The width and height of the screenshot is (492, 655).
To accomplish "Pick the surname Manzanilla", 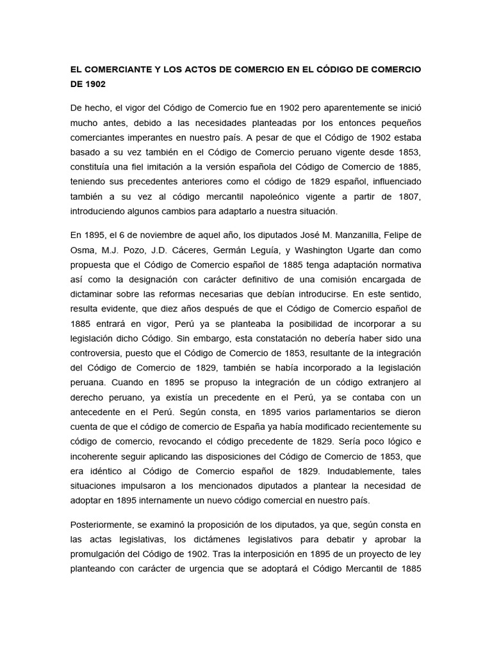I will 361,235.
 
